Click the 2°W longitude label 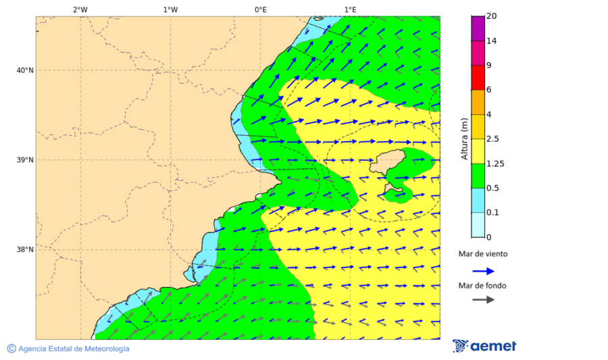click(80, 9)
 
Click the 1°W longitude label click(170, 9)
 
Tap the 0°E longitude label click(260, 9)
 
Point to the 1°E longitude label click(350, 9)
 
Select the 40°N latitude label click(25, 70)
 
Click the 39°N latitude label click(25, 160)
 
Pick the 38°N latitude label click(25, 250)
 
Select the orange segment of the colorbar click(478, 102)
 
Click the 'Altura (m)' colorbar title click(464, 139)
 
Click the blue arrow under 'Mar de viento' click(484, 271)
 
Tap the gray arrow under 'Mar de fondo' click(484, 300)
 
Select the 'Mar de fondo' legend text click(482, 286)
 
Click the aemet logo click(484, 346)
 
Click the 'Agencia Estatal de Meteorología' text click(74, 349)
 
